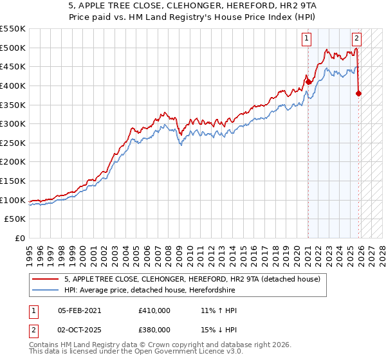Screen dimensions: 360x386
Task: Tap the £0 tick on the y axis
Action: coord(21,238)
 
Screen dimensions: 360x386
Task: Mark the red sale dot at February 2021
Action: coord(308,82)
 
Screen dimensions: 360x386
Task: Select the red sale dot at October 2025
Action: coord(358,93)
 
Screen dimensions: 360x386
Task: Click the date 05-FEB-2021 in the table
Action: coord(79,310)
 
